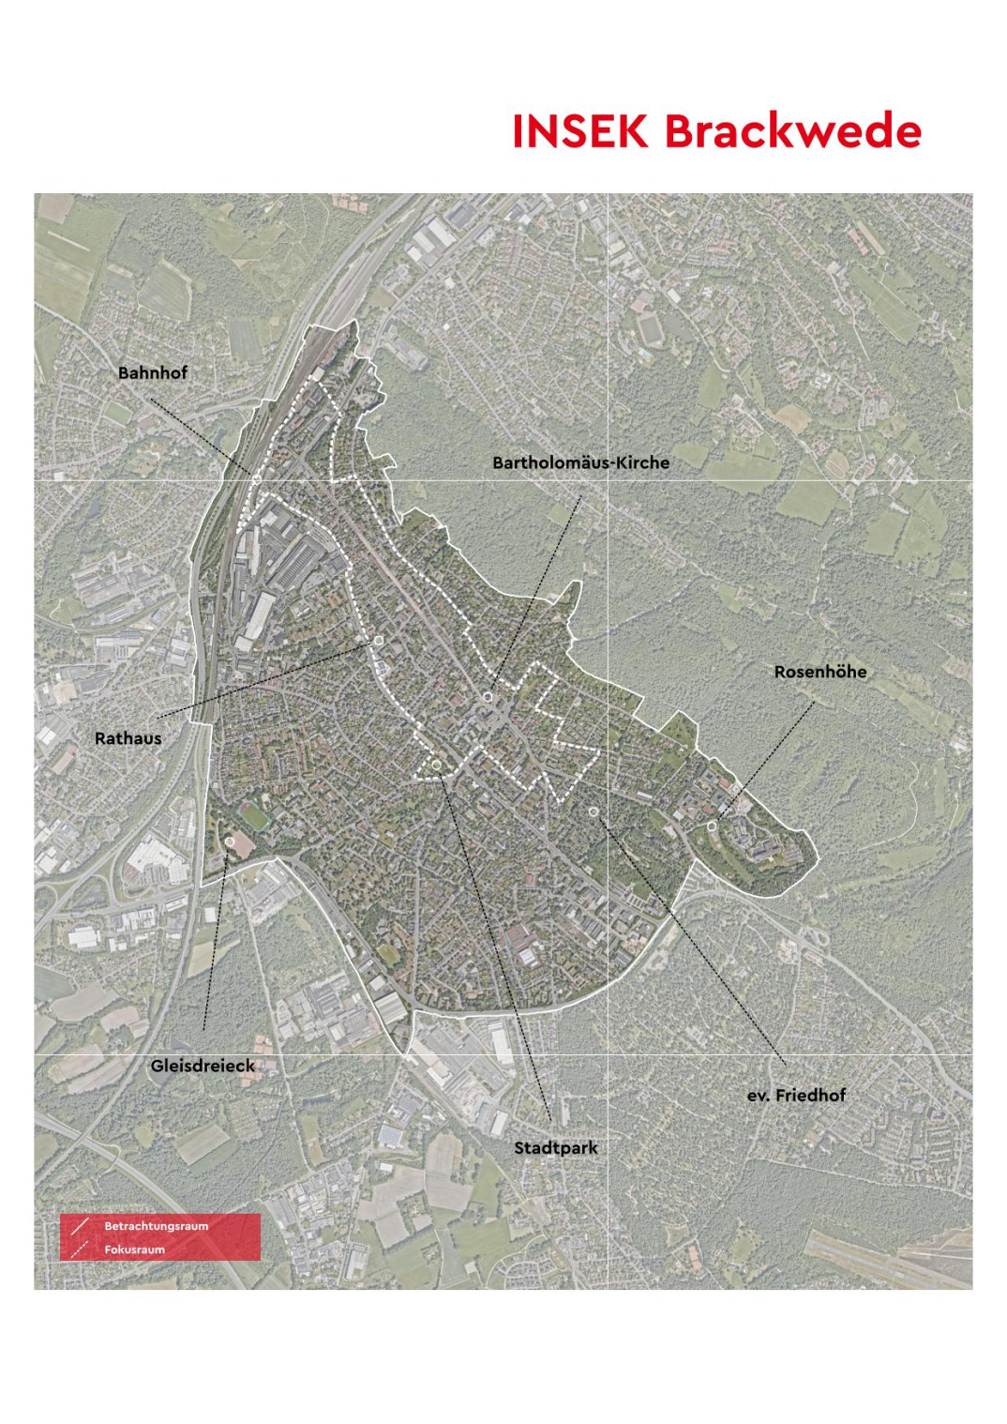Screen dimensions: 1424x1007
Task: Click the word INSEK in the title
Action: [x=579, y=131]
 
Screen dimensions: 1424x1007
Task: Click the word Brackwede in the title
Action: [x=793, y=131]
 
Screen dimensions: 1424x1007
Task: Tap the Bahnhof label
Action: [x=152, y=372]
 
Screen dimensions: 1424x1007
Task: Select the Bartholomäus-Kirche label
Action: [x=580, y=462]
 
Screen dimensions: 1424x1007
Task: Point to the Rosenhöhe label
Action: [x=819, y=672]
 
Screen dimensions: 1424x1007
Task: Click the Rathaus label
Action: [x=128, y=738]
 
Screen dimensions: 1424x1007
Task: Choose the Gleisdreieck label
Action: [x=203, y=1066]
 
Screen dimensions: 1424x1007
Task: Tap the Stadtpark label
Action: [x=555, y=1147]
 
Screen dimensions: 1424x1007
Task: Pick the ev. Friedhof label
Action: [x=796, y=1095]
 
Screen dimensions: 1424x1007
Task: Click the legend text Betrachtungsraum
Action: [x=156, y=1226]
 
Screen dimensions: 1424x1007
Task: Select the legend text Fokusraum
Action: [x=134, y=1250]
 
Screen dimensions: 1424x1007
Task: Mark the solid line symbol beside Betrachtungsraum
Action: [x=80, y=1226]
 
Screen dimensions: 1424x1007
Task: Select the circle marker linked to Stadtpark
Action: [x=437, y=766]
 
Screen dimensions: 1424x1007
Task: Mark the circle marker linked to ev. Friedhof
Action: [x=593, y=810]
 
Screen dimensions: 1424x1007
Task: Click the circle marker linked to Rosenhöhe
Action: [x=713, y=826]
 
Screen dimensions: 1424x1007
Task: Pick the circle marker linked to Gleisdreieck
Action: [x=231, y=843]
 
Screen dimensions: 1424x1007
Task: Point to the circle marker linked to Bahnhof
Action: [x=255, y=477]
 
